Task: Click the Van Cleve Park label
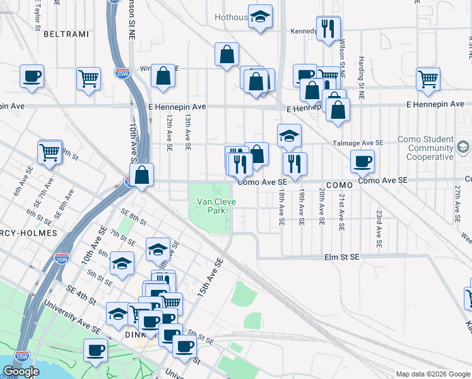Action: point(211,206)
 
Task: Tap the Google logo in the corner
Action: point(21,372)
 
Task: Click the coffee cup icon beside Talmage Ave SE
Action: point(362,161)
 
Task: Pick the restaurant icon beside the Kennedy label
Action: point(328,29)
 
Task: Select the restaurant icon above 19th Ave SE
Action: point(295,164)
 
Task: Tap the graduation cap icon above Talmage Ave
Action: point(289,135)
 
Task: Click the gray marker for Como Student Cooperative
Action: point(463,147)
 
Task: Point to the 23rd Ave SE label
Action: point(379,229)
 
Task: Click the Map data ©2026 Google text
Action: point(434,374)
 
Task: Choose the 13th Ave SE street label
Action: point(187,133)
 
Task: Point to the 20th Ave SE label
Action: point(322,207)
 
